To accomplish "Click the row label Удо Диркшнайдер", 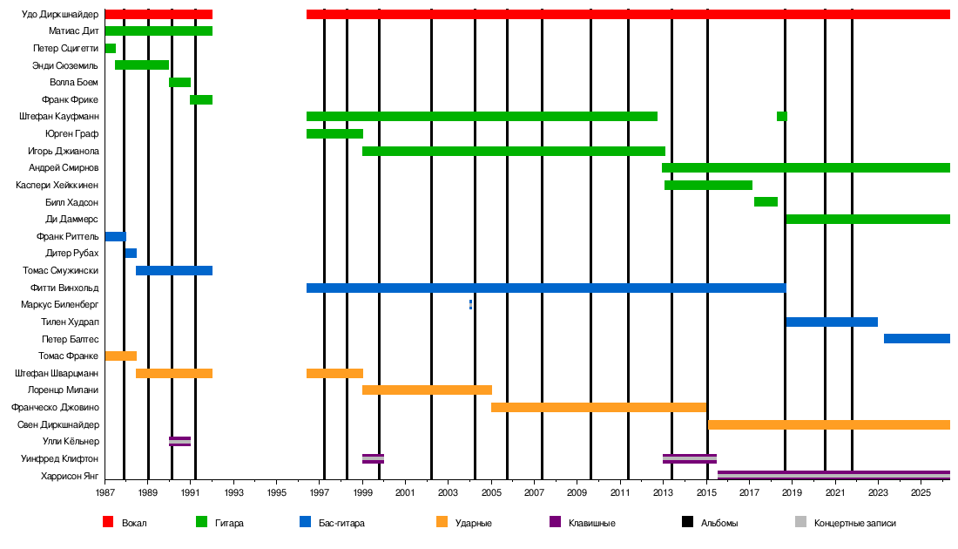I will tap(60, 14).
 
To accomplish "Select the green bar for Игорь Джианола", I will tap(513, 151).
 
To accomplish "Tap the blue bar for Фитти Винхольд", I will tap(545, 288).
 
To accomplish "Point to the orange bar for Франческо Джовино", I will tap(598, 407).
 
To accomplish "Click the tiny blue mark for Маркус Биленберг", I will tap(471, 304).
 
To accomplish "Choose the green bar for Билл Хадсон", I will tap(766, 202).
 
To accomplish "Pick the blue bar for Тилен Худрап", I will tap(831, 322).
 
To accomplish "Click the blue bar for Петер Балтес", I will tap(916, 338).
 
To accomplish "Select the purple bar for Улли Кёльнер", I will tap(179, 441).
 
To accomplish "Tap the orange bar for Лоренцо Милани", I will tap(427, 390).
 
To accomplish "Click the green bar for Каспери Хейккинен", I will tap(708, 185).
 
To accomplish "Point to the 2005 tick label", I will tap(491, 494).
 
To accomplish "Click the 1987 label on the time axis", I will tap(105, 494).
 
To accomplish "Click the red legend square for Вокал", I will tap(108, 522).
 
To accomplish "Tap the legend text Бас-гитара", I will tap(341, 523).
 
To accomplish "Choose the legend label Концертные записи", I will tap(854, 523).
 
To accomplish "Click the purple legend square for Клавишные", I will tap(555, 522).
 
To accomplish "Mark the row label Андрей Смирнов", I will tap(64, 167).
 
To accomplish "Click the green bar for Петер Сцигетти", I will tap(110, 48).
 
